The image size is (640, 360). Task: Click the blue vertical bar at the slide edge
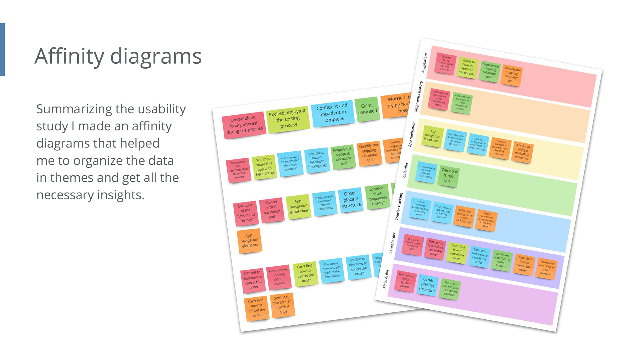(2, 49)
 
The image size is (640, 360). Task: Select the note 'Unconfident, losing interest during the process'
(244, 125)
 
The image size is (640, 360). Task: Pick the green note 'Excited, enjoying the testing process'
(288, 118)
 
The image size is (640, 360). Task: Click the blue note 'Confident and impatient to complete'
(332, 113)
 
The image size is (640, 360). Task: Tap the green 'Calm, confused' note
(367, 109)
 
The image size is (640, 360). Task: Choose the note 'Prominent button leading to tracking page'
(317, 160)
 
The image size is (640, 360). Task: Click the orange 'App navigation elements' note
(249, 241)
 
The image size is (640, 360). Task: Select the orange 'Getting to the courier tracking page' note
(282, 305)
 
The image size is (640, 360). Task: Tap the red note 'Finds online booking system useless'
(279, 277)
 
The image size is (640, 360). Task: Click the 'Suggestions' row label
(424, 62)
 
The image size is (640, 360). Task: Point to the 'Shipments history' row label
(418, 96)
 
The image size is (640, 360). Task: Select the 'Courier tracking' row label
(399, 207)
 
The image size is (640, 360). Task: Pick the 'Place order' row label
(386, 279)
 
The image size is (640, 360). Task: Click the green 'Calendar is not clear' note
(449, 176)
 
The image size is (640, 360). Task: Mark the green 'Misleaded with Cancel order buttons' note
(502, 260)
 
